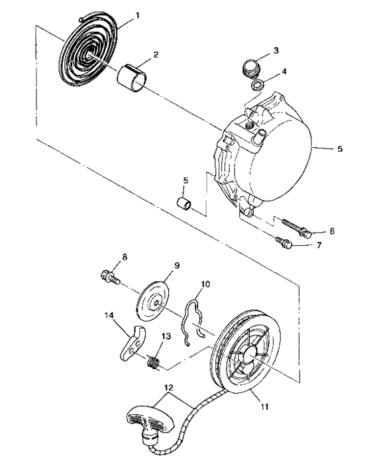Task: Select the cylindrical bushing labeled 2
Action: tap(132, 76)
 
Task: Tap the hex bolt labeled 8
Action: tap(109, 276)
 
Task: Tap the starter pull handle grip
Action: tap(149, 418)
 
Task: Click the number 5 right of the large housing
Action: tap(340, 149)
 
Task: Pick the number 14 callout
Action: tap(109, 316)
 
